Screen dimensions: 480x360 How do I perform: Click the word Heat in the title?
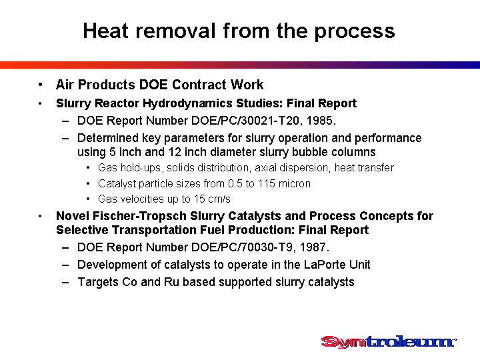point(105,31)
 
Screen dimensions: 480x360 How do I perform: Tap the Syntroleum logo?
point(389,342)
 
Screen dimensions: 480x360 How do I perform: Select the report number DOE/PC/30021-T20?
point(245,121)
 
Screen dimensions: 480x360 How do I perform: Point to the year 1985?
point(319,121)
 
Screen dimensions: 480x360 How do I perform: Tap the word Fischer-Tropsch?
point(139,216)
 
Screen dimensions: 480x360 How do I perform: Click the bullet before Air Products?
point(40,85)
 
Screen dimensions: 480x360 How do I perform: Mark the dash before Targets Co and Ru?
point(65,283)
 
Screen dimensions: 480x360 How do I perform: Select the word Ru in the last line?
point(171,282)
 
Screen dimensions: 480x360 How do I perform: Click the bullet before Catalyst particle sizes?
point(88,184)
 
